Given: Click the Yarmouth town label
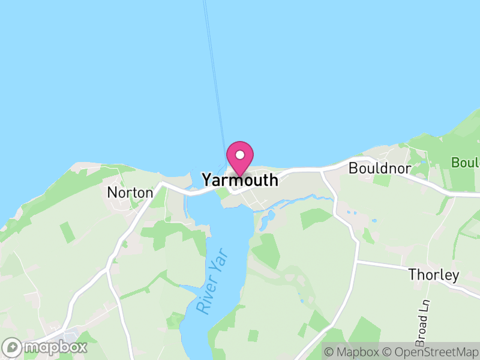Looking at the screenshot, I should click(x=240, y=180).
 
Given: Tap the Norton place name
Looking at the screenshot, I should click(x=130, y=193).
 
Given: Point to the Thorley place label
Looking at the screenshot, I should click(x=433, y=275).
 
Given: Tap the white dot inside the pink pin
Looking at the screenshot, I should click(x=240, y=155).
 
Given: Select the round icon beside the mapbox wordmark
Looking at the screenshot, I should click(x=13, y=347).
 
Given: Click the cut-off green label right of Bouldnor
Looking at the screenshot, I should click(x=466, y=163).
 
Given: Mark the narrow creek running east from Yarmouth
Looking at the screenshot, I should click(x=300, y=202).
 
